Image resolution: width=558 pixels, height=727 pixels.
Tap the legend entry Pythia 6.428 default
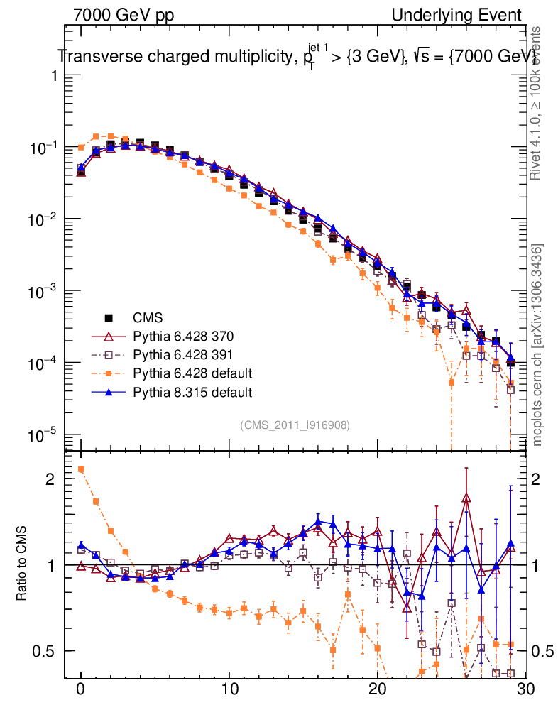(193, 373)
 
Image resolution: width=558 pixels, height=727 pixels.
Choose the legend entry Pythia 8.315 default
(193, 392)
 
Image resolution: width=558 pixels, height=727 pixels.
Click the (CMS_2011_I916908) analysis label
(295, 425)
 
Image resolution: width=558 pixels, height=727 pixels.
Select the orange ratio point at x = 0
(81, 469)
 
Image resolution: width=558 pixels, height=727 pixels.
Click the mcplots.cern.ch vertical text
(537, 345)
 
